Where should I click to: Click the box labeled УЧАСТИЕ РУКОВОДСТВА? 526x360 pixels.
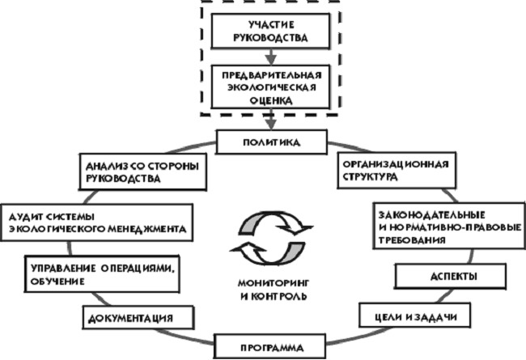[270, 31]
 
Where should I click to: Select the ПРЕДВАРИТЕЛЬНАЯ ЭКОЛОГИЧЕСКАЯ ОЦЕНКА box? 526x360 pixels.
[270, 87]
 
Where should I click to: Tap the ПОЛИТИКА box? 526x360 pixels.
[271, 142]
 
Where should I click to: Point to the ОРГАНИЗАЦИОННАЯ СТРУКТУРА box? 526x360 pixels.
[397, 170]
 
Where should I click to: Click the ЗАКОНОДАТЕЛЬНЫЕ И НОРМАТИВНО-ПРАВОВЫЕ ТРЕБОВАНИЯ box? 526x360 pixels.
[449, 226]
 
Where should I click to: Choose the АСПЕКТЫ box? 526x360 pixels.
[451, 276]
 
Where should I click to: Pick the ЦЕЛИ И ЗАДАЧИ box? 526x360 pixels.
[414, 316]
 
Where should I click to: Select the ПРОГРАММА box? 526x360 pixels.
[269, 346]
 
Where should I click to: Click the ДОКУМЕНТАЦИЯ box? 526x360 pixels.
[138, 317]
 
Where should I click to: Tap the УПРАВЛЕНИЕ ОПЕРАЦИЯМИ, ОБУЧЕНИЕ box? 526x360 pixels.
[102, 274]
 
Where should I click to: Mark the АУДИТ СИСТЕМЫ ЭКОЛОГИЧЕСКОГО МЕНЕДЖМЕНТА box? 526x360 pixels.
[97, 222]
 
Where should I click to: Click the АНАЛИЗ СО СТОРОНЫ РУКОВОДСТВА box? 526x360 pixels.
[143, 172]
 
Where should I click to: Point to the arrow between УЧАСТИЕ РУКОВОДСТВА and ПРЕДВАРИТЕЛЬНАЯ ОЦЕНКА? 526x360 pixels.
[271, 57]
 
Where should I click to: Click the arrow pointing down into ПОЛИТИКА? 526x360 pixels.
[271, 120]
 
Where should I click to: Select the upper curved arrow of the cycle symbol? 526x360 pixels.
[275, 222]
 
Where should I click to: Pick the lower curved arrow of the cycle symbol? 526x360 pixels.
[268, 253]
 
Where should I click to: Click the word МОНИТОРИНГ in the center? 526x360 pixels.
[273, 283]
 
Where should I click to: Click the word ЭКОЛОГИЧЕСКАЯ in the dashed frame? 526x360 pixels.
[271, 87]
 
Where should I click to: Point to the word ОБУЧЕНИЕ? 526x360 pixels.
[57, 282]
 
